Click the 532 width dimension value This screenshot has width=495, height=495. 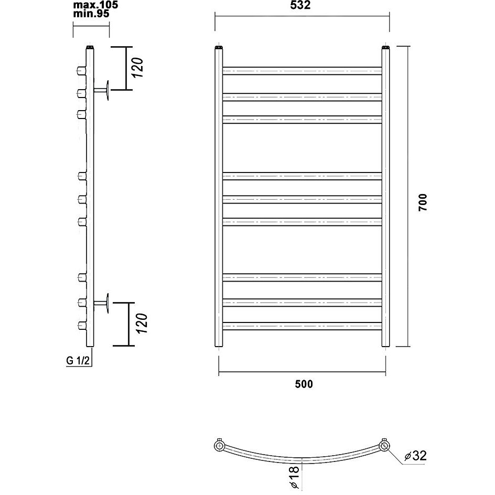[300, 5]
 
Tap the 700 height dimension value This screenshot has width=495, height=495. [423, 202]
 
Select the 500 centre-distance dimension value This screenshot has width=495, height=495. [304, 384]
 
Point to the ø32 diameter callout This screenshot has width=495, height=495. [415, 456]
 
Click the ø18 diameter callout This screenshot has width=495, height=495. [294, 477]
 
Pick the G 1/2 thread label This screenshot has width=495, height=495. [78, 361]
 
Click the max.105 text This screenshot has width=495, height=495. [95, 5]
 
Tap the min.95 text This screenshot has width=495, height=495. [91, 14]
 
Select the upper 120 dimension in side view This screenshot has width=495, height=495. [137, 68]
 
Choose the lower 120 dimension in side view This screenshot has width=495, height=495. [141, 323]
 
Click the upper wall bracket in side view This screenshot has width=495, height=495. [102, 91]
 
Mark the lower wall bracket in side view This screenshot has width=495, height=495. [102, 303]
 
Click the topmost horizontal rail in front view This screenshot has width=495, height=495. [302, 71]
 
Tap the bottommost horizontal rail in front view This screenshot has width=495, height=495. [302, 326]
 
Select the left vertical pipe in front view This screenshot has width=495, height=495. [219, 196]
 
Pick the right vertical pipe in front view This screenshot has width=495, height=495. [386, 196]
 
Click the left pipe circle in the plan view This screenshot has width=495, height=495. [219, 446]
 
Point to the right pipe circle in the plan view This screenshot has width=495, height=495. [384, 446]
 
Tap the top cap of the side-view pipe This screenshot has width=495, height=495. [90, 47]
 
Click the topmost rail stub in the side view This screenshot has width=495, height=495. [81, 71]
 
